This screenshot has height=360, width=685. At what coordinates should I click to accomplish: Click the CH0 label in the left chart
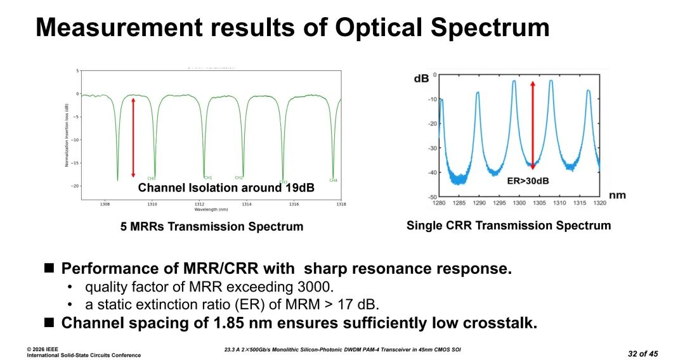[x=151, y=179]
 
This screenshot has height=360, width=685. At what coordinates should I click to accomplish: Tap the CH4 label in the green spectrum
[x=333, y=181]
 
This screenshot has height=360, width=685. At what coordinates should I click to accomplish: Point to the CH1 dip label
[x=208, y=178]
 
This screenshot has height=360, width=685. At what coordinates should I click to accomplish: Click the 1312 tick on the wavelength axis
[x=199, y=205]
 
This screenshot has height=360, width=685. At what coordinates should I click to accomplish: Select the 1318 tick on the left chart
[x=341, y=205]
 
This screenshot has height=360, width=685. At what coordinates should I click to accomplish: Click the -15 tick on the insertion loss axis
[x=75, y=163]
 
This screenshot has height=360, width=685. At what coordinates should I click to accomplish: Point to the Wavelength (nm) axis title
[x=211, y=210]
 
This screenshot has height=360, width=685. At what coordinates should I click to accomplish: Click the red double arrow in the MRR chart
[x=133, y=137]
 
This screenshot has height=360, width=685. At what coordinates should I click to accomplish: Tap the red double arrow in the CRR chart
[x=533, y=125]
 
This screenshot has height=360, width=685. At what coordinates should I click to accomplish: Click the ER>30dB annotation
[x=528, y=181]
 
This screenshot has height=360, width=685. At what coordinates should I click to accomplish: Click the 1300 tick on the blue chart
[x=519, y=203]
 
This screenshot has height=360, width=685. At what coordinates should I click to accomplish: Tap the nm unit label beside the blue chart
[x=617, y=195]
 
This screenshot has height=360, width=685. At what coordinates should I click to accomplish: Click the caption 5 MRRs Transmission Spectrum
[x=212, y=226]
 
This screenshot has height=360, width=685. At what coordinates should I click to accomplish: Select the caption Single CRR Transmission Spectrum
[x=509, y=226]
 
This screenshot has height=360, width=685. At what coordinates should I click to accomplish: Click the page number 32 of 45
[x=643, y=353]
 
